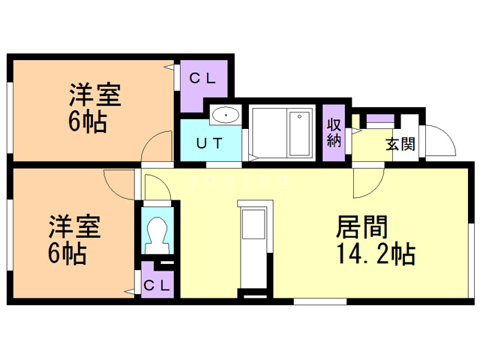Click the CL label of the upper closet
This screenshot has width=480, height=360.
202,78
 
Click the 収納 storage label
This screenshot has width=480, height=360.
334,133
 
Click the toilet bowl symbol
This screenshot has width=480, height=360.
158,232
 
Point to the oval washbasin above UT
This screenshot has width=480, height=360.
225,115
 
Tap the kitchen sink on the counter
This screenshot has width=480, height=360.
253,224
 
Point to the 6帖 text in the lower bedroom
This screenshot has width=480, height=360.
67,253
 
